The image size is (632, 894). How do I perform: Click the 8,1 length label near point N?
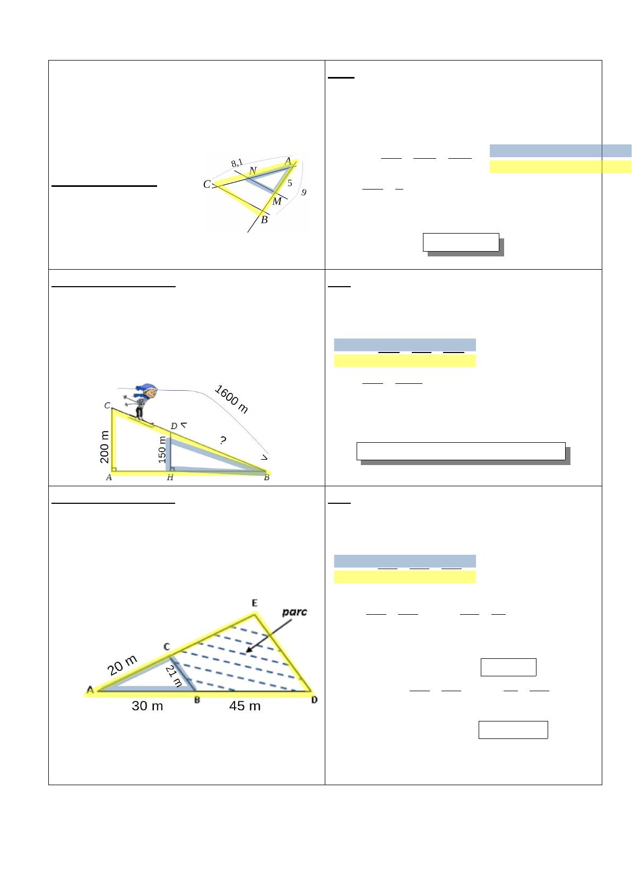coord(237,163)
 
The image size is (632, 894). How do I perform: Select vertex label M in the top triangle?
coord(276,201)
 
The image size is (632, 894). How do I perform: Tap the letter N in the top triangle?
coord(253,170)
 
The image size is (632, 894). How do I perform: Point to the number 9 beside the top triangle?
coord(304,192)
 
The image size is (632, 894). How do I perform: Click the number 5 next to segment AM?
coord(290,183)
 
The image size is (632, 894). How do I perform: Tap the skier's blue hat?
coord(146,387)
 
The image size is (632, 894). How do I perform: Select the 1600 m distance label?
coord(231,399)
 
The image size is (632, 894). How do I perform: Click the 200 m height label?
coord(104,446)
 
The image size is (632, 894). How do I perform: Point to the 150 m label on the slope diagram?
coord(162,450)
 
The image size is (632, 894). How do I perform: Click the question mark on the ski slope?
coord(223,440)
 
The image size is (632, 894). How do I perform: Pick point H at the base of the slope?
coord(170,477)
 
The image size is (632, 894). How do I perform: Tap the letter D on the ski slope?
coord(174,426)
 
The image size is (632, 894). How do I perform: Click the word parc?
coord(295,612)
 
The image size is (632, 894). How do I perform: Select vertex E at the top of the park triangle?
coord(255,603)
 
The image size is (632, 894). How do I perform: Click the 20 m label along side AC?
coord(122,665)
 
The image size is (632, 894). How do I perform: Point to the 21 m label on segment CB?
coord(174,676)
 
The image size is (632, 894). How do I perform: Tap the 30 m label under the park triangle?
coord(147,706)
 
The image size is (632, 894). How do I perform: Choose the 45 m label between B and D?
coord(245,706)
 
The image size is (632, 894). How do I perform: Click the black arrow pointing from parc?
coord(269,636)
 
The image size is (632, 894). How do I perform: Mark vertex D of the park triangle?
coord(314,700)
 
